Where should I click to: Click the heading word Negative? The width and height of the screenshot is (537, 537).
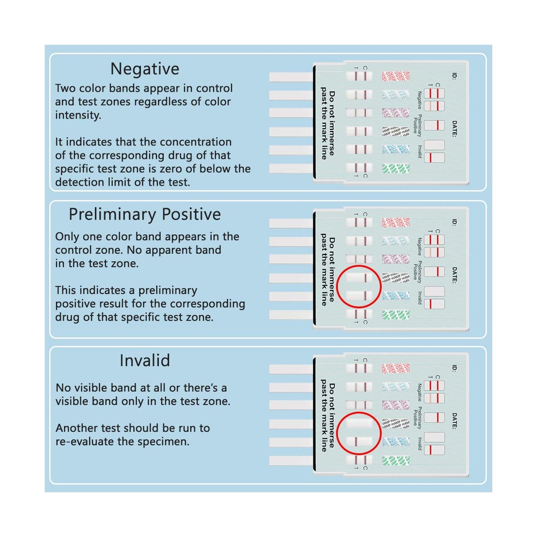[145, 69]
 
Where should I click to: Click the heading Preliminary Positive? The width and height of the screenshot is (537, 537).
[145, 214]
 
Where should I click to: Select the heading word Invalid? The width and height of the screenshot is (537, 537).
[145, 361]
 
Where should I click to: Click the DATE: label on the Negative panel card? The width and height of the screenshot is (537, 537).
[454, 129]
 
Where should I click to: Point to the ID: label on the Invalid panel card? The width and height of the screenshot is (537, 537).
[454, 368]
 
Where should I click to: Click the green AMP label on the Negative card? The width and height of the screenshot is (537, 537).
[396, 168]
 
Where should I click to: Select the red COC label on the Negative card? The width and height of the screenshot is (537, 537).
[396, 76]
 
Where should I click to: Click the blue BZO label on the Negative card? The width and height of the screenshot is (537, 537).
[396, 150]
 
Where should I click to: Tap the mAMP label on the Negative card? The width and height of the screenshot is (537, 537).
[396, 131]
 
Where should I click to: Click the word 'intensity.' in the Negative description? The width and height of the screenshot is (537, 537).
[78, 115]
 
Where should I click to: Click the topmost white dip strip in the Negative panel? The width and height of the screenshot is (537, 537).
[291, 77]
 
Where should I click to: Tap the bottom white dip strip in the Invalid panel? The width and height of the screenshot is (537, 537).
[291, 460]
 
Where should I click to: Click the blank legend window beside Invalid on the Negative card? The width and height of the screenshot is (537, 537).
[434, 145]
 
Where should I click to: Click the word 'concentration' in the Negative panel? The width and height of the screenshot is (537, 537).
[186, 142]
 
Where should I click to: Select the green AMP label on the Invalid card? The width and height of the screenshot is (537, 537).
[396, 461]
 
